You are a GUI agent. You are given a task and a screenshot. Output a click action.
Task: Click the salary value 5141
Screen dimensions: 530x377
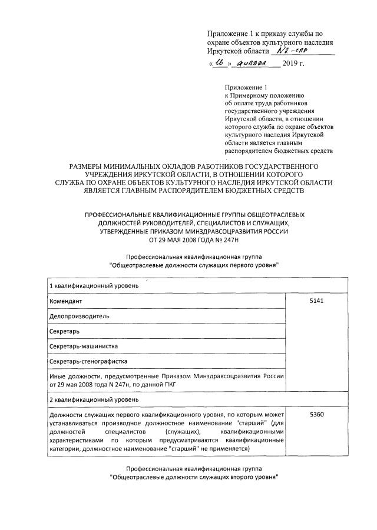tap(317, 301)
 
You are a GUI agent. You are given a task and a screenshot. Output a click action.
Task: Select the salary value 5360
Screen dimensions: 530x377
tap(317, 415)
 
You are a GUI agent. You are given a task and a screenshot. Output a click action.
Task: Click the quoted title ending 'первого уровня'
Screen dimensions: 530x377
tap(194, 265)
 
